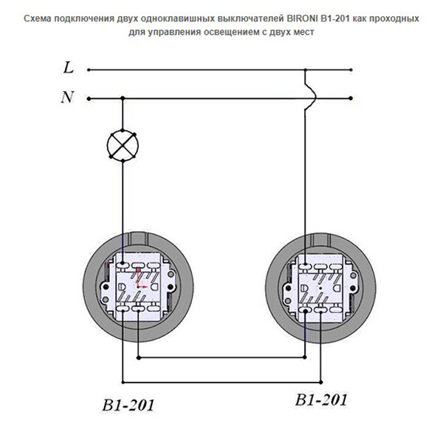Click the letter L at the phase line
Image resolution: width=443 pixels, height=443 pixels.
click(69, 68)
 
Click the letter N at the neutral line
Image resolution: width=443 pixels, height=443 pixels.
click(67, 97)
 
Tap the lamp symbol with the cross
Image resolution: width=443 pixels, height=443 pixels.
click(123, 145)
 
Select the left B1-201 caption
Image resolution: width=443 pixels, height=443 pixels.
click(128, 405)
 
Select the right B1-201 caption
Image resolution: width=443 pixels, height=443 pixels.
click(321, 399)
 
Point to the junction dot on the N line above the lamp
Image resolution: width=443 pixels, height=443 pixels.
click(123, 98)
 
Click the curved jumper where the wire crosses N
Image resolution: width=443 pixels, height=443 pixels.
click(311, 97)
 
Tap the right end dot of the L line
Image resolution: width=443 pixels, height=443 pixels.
click(351, 70)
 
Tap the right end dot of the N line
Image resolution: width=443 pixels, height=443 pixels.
click(351, 98)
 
